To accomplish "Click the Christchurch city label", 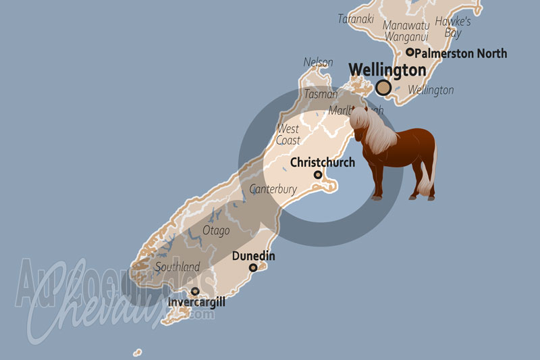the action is click(x=322, y=163).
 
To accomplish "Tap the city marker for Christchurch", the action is click(x=318, y=175).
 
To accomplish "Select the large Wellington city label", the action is click(x=387, y=70).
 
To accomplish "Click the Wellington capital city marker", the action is click(x=384, y=87).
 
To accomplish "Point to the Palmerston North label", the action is click(x=460, y=53).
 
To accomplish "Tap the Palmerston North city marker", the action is click(x=410, y=52).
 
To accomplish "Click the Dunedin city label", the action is click(x=253, y=256).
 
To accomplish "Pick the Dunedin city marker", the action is click(x=253, y=268).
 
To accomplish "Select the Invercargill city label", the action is click(x=197, y=303).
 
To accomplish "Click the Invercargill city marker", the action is click(x=195, y=292).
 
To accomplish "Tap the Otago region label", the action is click(x=216, y=230).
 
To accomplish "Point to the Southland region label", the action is click(x=177, y=267).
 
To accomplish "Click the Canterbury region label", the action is click(x=273, y=190).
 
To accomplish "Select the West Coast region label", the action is click(x=288, y=134).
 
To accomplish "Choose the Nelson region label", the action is click(x=318, y=62).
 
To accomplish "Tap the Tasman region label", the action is click(x=321, y=94).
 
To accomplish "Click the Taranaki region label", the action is click(x=356, y=19).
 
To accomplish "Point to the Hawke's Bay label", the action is click(x=452, y=27).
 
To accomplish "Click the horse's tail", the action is click(x=426, y=182).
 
